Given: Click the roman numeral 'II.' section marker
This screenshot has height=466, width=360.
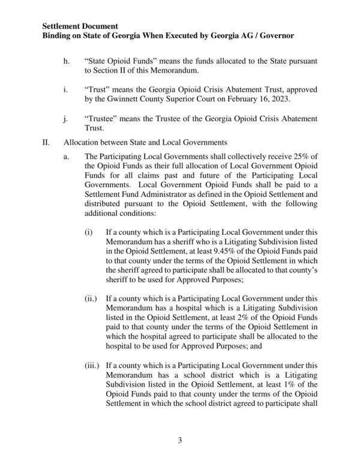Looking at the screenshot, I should (46, 143).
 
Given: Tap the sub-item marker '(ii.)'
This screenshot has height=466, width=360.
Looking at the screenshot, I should (91, 297).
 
